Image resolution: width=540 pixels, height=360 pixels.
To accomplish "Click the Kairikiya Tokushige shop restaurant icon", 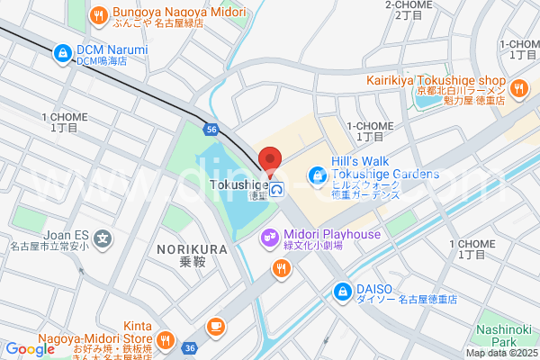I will point(518,87).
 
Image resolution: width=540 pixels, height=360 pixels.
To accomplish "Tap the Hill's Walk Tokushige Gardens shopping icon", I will point(315,173).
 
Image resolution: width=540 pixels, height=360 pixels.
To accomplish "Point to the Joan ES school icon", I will point(103,240).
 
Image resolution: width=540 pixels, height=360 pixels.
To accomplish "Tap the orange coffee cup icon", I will point(215,326).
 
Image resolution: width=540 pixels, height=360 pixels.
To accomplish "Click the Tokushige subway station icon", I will point(279,189).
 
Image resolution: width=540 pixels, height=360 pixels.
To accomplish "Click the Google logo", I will point(30,349).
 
